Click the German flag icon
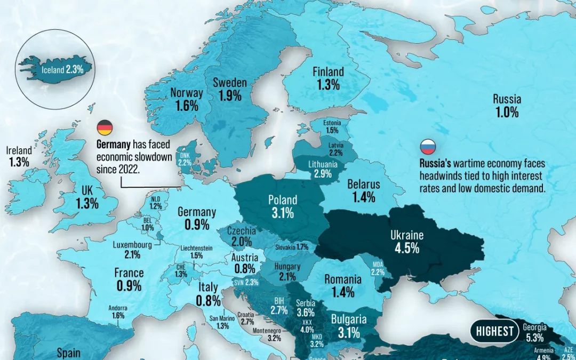tap(105, 128)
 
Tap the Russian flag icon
tap(428, 147)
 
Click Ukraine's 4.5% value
tap(407, 248)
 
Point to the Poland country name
tap(283, 200)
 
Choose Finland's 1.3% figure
tap(327, 85)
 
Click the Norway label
tap(187, 93)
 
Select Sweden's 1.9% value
tap(230, 96)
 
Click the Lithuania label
tap(323, 165)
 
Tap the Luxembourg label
tap(132, 245)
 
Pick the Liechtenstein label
tap(197, 248)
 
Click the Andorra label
tap(118, 308)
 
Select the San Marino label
tap(223, 319)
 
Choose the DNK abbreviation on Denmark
tap(185, 155)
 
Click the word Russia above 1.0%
tap(507, 99)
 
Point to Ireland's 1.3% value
tap(19, 163)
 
